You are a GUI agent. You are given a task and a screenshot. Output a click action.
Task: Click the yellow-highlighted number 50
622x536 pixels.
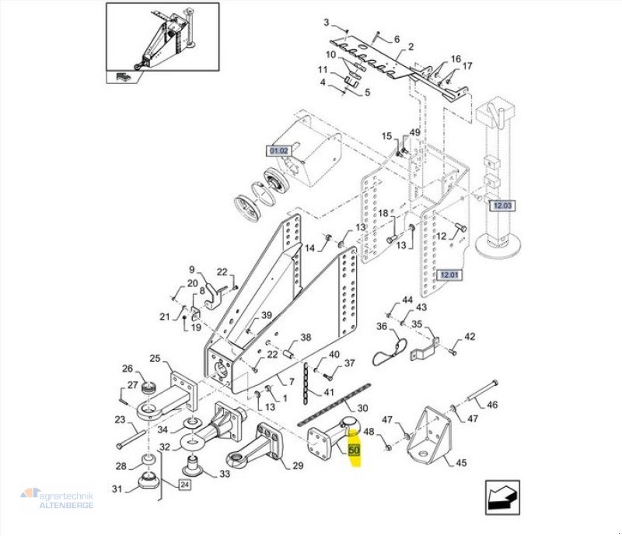pyautogui.click(x=355, y=450)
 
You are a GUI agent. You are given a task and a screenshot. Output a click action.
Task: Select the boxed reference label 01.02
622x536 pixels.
pyautogui.click(x=278, y=149)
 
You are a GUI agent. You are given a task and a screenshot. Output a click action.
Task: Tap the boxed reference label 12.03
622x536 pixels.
pyautogui.click(x=501, y=205)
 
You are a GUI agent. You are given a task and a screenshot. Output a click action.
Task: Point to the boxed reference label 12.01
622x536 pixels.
pyautogui.click(x=450, y=275)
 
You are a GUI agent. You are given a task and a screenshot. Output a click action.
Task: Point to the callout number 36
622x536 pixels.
pyautogui.click(x=382, y=326)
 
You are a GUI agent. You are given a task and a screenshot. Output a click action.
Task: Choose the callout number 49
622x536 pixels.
pyautogui.click(x=414, y=133)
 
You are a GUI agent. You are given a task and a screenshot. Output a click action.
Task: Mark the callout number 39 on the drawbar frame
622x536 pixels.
pyautogui.click(x=266, y=315)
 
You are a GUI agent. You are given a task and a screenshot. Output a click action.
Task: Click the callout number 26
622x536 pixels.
pyautogui.click(x=128, y=368)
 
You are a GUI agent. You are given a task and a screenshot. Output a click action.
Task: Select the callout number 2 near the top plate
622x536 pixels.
pyautogui.click(x=410, y=47)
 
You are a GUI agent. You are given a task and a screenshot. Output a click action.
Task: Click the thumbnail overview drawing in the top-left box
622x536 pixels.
pyautogui.click(x=162, y=44)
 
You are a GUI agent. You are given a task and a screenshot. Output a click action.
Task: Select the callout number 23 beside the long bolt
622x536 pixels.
pyautogui.click(x=119, y=420)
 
